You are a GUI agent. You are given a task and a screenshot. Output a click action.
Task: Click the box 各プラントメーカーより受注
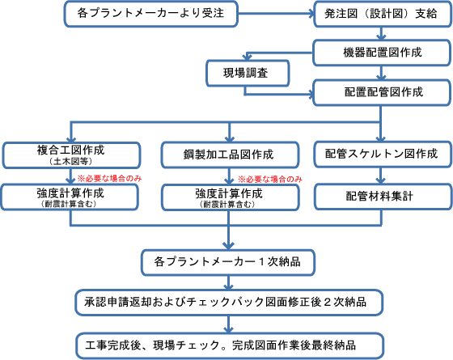150,14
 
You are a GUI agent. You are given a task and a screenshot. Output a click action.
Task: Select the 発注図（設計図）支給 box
383,14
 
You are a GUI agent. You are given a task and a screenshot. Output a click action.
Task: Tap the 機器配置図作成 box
382,53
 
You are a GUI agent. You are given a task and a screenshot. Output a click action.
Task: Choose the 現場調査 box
248,73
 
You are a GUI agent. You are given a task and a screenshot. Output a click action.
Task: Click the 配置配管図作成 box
382,92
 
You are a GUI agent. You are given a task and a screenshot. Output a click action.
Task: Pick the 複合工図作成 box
71,155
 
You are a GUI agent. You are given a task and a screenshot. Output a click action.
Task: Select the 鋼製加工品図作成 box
230,155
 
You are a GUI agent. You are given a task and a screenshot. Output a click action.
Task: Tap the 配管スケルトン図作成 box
383,154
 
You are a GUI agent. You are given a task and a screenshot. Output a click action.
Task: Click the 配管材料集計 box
383,197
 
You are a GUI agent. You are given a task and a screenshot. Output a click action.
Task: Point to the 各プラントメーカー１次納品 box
228,262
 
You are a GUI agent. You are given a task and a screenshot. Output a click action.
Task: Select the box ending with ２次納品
229,303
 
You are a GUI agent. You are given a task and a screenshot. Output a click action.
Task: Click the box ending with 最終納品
230,345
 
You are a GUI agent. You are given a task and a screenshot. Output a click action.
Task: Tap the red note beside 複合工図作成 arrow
109,179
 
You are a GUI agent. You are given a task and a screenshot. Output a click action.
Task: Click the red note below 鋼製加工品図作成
270,180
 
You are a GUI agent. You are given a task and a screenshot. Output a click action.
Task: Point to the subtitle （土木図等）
71,162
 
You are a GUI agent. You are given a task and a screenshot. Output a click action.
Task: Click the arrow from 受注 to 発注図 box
276,13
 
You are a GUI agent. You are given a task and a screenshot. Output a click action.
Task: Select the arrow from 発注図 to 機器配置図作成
381,34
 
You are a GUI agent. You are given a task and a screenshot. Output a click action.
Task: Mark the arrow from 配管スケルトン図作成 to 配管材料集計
381,176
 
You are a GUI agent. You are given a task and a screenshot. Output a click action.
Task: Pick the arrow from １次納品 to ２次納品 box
228,282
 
